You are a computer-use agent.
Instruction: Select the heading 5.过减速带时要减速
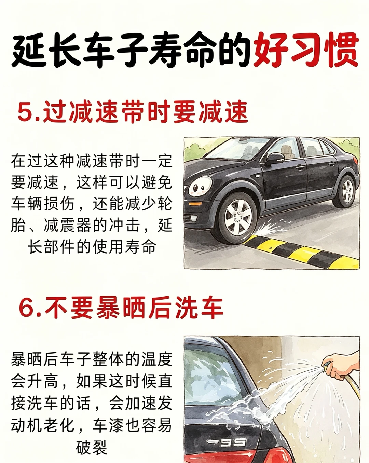click(x=133, y=112)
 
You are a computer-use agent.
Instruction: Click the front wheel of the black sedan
click(x=237, y=218)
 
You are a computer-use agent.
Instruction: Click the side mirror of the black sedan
click(x=276, y=158)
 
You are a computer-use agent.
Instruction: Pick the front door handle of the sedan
click(x=300, y=167)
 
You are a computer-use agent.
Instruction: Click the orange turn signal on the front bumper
click(x=195, y=204)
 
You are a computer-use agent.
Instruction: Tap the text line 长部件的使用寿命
click(x=92, y=247)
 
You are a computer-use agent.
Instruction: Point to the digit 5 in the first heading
click(x=26, y=112)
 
